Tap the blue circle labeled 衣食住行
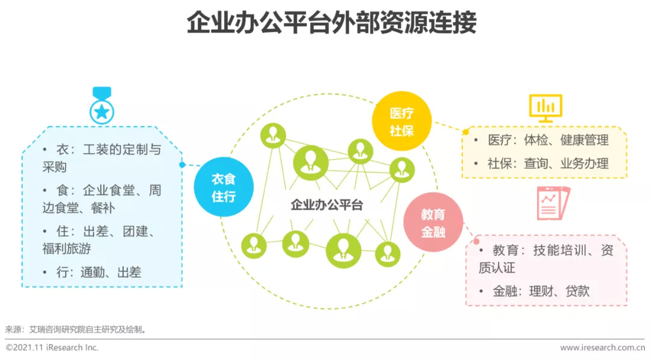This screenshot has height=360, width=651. click(224, 187)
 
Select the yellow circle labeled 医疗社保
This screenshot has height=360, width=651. click(401, 121)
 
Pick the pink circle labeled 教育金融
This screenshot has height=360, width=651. click(433, 222)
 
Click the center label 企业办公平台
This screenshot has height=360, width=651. click(327, 204)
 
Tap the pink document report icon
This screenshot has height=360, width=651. click(553, 203)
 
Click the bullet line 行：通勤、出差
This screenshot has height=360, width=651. click(92, 273)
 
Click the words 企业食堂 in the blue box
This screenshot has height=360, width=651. click(109, 190)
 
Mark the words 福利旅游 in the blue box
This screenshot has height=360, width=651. click(66, 248)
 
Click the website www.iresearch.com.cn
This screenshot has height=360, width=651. click(602, 348)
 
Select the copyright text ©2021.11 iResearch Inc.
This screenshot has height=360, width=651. click(52, 347)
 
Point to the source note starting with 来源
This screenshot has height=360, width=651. click(75, 330)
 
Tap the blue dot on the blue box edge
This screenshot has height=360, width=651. click(182, 165)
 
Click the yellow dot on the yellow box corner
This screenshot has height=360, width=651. click(466, 132)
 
